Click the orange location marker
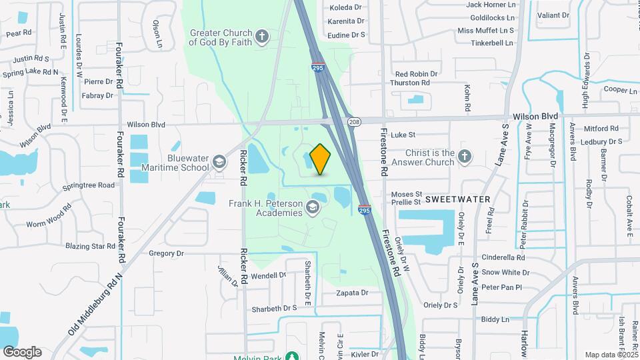click(x=320, y=159)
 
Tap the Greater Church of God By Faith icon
click(x=263, y=36)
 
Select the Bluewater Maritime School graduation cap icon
click(x=219, y=162)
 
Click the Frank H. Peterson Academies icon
click(x=312, y=208)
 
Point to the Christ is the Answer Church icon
click(x=465, y=157)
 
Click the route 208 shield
click(x=354, y=121)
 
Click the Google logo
click(x=22, y=352)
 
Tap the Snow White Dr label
click(x=505, y=272)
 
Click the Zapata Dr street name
click(x=353, y=293)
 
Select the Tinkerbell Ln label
click(x=492, y=43)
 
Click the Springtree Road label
click(x=89, y=185)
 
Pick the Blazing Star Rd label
click(x=90, y=246)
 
